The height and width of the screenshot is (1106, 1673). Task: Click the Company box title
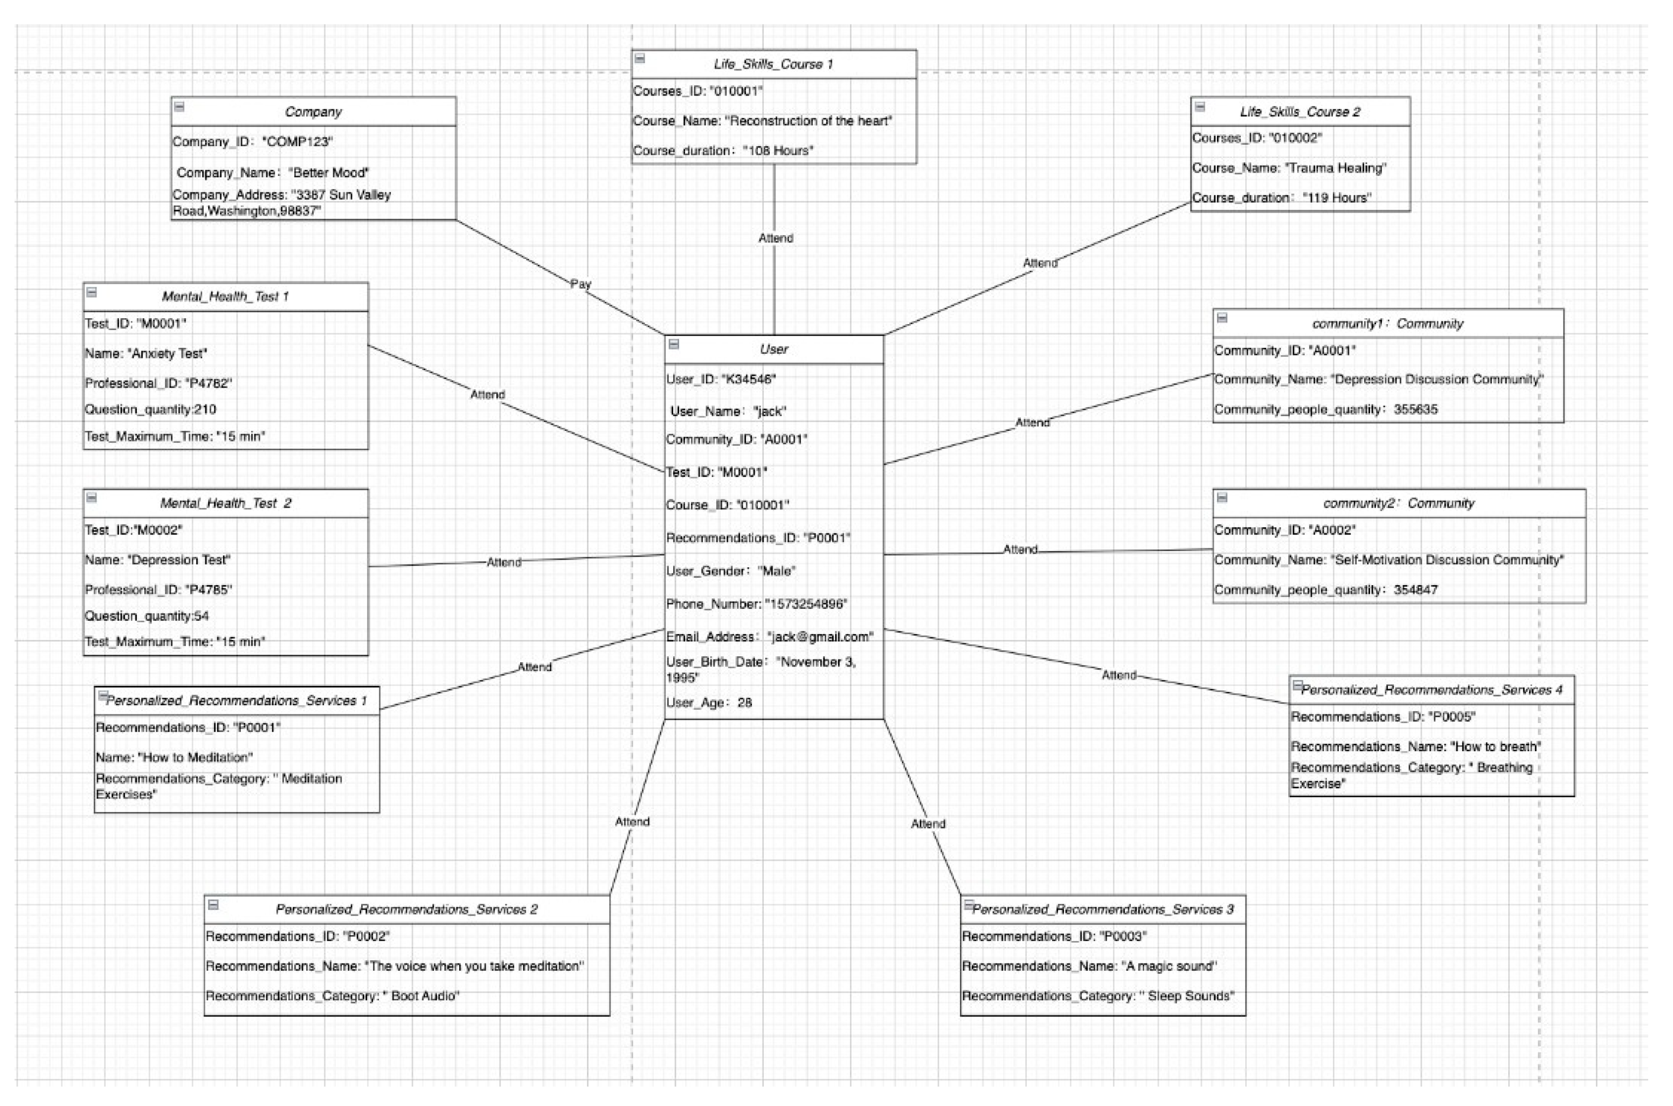(x=313, y=112)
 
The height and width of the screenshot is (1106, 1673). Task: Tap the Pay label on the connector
(x=580, y=284)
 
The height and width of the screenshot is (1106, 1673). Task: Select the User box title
(x=773, y=349)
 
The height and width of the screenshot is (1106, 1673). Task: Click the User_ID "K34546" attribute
(x=721, y=380)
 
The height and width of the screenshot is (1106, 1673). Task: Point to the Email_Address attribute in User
(x=769, y=637)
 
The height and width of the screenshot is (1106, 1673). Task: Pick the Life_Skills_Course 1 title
(x=773, y=64)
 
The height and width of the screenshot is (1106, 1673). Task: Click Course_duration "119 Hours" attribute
(x=1281, y=198)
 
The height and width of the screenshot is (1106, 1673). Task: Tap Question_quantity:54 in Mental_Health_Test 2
(x=147, y=616)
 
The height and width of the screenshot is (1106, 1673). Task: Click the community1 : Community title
(x=1387, y=324)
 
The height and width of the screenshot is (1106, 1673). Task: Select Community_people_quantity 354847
(x=1325, y=590)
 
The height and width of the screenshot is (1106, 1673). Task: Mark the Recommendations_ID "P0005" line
(x=1382, y=717)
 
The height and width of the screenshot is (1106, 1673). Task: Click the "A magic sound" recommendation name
(x=1089, y=966)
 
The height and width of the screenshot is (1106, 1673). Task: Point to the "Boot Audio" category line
(x=332, y=996)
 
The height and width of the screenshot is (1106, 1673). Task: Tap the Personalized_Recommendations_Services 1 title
(x=236, y=701)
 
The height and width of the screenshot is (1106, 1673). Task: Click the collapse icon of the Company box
(x=179, y=107)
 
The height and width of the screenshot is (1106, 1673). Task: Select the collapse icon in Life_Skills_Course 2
(x=1200, y=107)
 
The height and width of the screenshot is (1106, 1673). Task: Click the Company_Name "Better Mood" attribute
(x=273, y=173)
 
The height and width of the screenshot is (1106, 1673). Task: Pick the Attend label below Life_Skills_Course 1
(x=776, y=238)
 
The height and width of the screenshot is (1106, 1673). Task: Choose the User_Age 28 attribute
(x=709, y=703)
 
